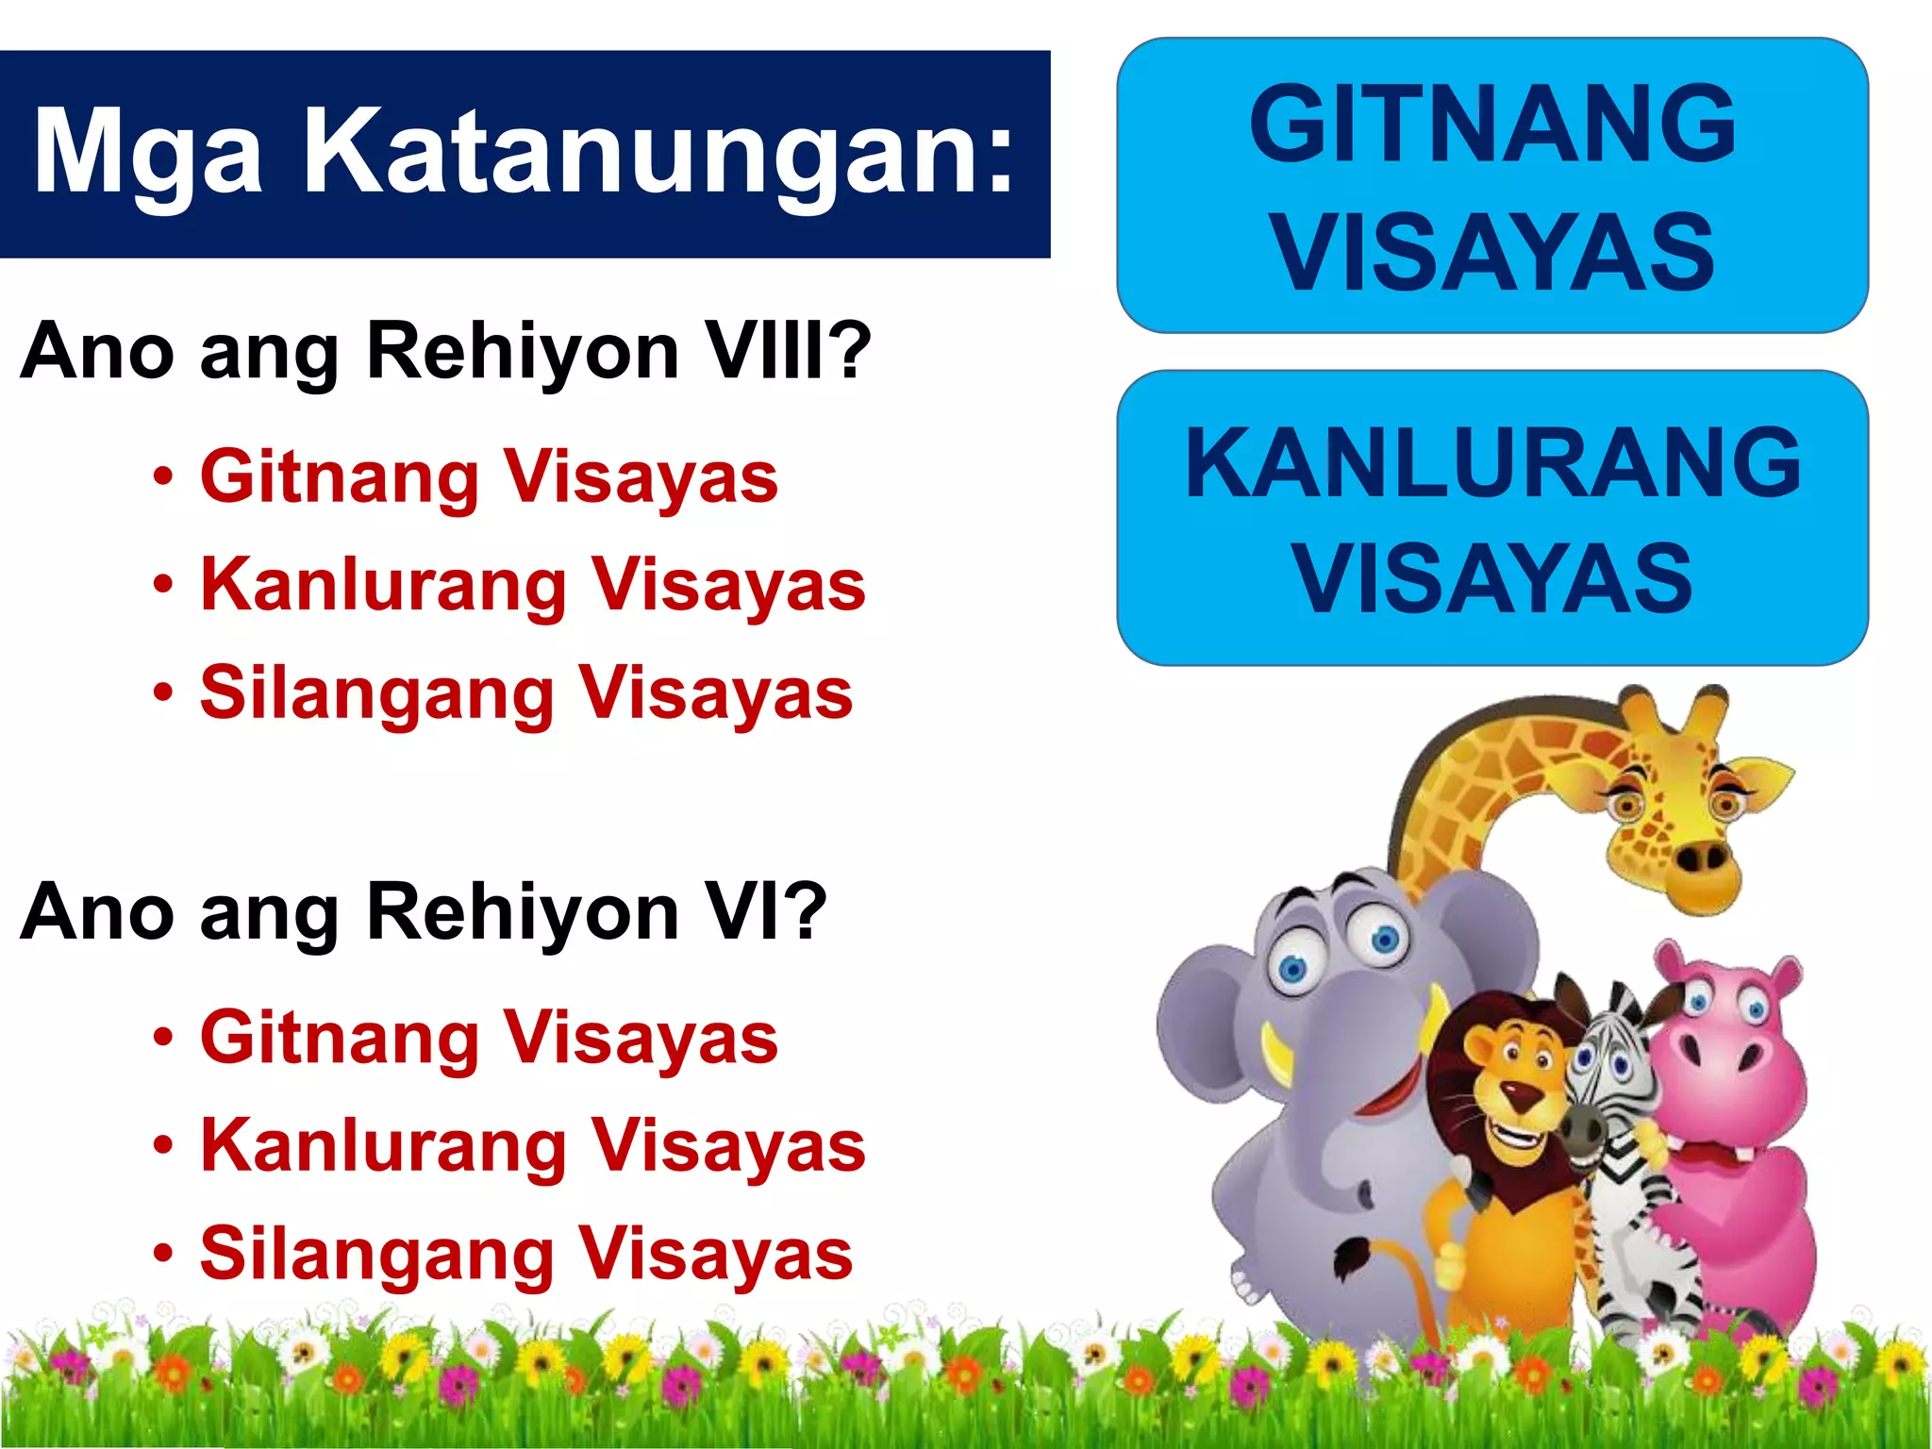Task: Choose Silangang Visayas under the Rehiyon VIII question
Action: [526, 693]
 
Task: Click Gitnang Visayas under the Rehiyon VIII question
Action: [489, 477]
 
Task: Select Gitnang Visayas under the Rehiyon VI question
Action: [489, 1039]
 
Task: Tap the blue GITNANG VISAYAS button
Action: [1492, 186]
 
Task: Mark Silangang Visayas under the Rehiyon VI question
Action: [526, 1255]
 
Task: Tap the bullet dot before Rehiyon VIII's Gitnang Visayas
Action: [164, 477]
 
